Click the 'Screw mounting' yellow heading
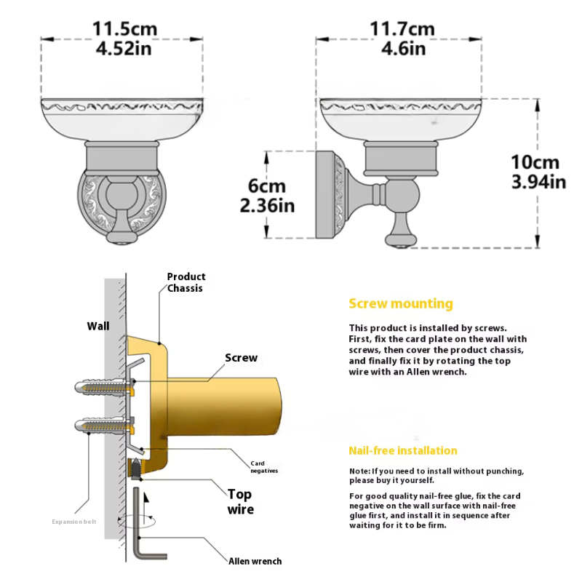point(401,303)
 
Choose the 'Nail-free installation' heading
point(403,450)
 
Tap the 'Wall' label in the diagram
point(98,326)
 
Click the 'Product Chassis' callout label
point(186,282)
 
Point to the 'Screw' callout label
point(241,358)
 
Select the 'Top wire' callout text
point(241,502)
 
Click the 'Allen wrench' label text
point(255,561)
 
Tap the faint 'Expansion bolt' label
point(74,522)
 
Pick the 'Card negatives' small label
point(264,467)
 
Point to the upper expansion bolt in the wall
point(104,387)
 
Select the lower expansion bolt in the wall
point(104,426)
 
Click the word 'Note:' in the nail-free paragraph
point(359,471)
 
